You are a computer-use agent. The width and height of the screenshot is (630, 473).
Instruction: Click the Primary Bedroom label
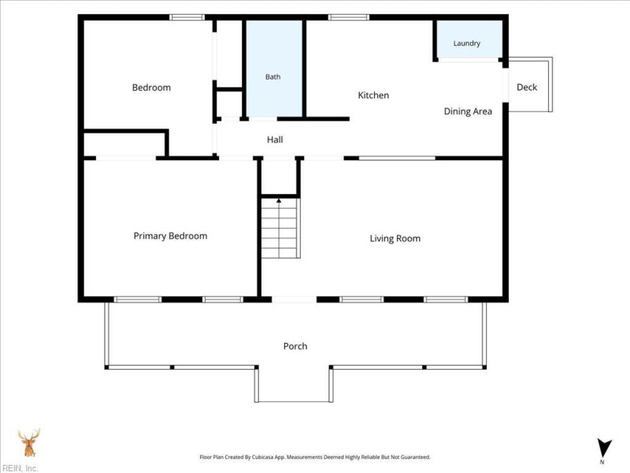click(170, 236)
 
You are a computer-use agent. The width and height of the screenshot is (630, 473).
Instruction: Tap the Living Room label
click(395, 239)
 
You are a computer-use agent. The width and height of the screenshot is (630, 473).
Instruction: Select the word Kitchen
click(373, 95)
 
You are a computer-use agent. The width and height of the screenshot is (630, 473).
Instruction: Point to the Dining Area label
click(468, 111)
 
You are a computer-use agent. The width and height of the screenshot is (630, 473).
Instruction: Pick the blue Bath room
click(274, 69)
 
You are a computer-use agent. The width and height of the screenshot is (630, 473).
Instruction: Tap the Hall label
click(275, 140)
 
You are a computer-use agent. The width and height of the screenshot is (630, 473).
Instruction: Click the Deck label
click(527, 88)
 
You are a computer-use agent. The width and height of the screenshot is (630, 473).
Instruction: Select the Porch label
click(295, 346)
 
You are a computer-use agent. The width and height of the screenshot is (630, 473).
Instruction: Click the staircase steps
click(280, 228)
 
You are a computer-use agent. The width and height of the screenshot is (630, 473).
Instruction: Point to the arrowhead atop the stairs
click(279, 200)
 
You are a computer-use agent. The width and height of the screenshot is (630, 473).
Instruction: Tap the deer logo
click(29, 442)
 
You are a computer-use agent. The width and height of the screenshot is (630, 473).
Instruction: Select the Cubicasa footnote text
click(315, 457)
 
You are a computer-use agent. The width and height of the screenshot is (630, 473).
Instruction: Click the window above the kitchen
click(349, 17)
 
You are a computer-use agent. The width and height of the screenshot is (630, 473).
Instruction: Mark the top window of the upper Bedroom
click(187, 17)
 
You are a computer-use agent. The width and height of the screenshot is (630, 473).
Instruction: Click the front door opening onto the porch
click(295, 300)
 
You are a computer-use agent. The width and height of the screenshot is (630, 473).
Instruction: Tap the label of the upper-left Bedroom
click(151, 88)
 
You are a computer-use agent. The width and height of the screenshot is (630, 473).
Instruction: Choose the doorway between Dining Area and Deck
click(506, 85)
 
